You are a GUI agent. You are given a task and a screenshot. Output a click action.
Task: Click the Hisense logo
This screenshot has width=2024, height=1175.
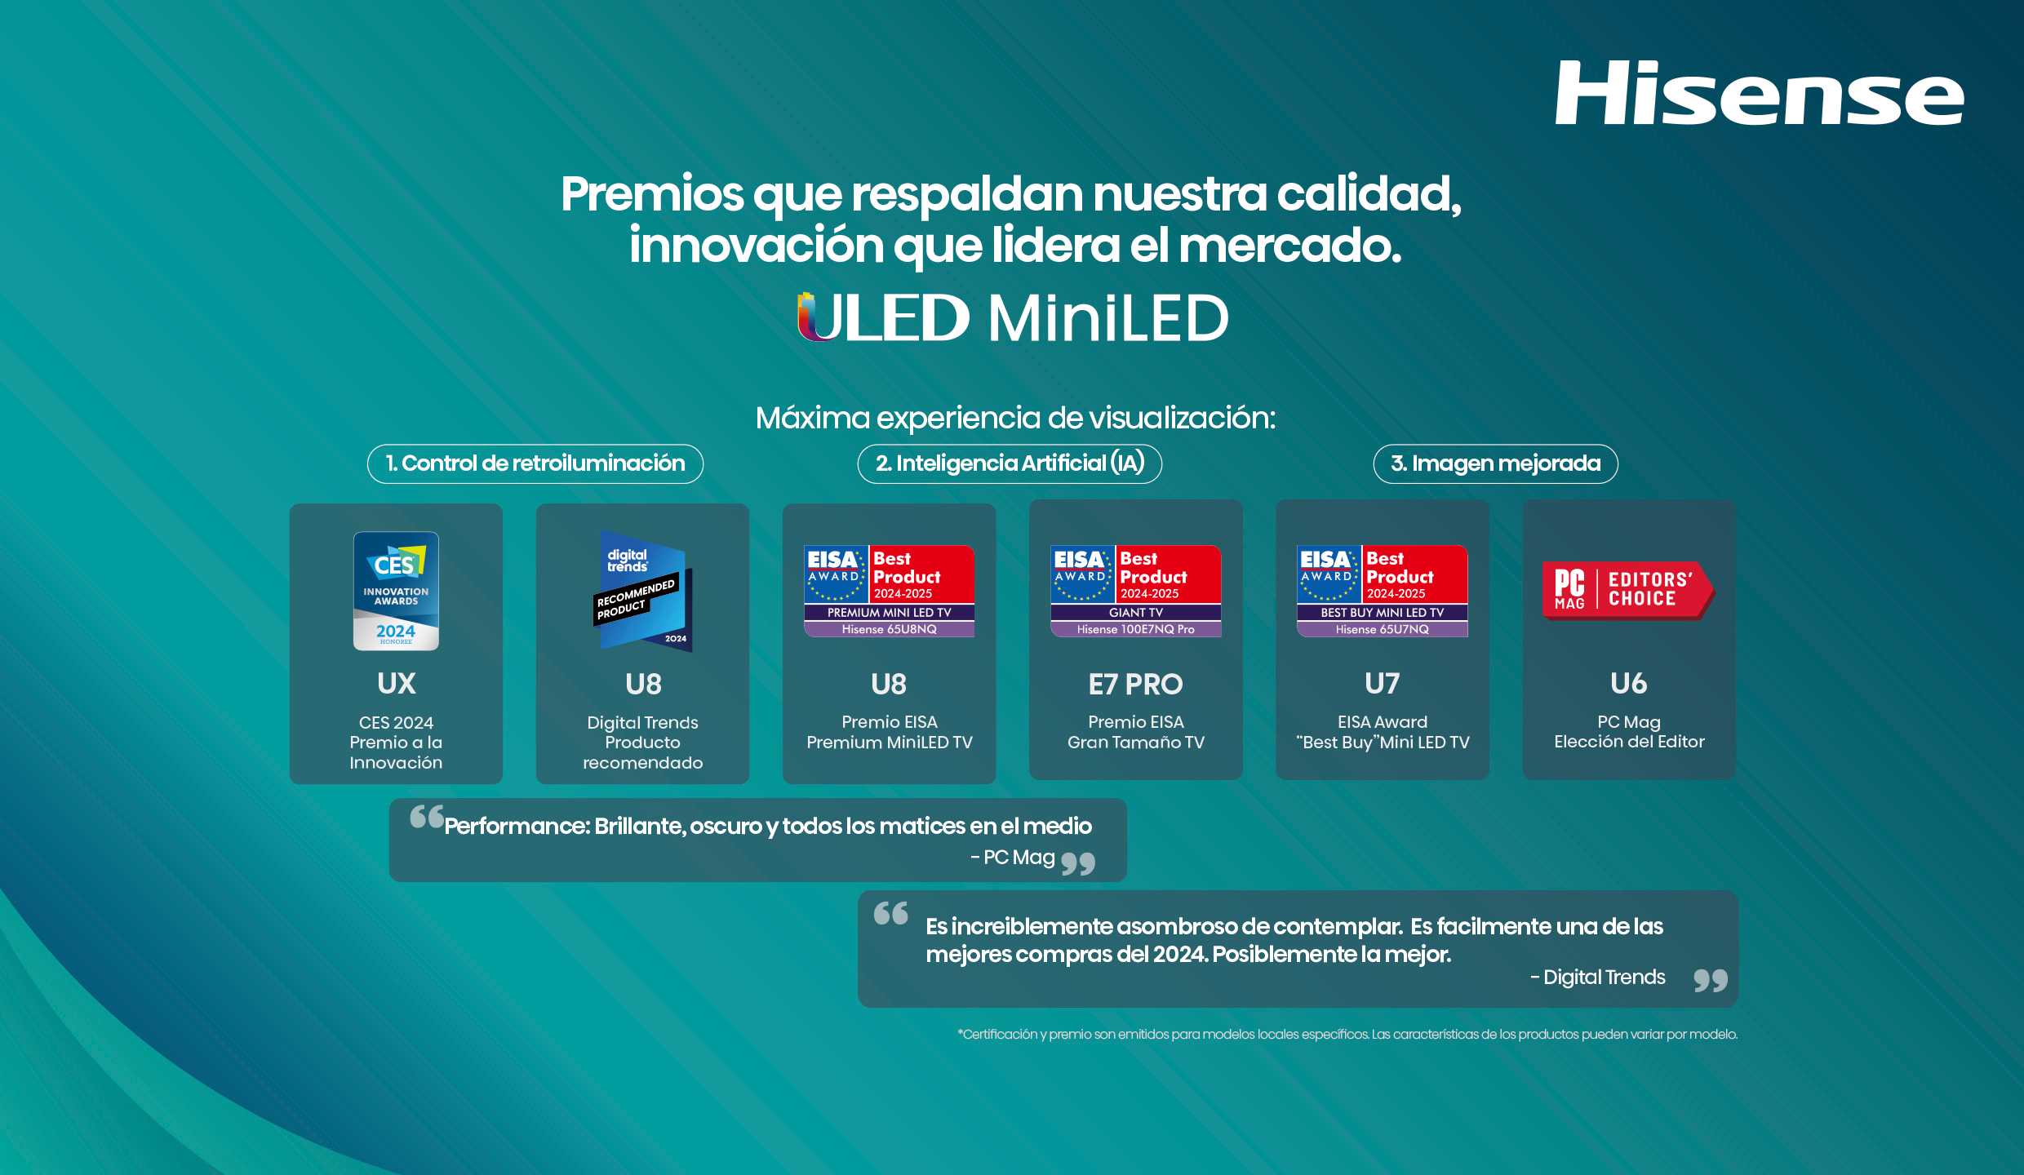click(x=1759, y=93)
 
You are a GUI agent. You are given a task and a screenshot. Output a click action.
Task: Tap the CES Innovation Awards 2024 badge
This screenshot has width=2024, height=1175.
click(x=396, y=591)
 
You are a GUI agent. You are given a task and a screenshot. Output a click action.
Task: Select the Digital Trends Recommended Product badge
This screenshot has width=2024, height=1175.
click(x=643, y=591)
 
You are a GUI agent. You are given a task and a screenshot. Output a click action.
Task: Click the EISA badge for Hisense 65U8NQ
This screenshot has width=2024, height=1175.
click(x=889, y=591)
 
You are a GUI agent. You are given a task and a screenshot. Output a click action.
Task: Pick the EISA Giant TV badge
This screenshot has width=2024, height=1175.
click(x=1135, y=591)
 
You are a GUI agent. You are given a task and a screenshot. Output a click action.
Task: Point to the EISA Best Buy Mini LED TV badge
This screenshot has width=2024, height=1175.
click(x=1382, y=591)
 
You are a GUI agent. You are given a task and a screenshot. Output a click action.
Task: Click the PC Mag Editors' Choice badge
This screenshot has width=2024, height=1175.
click(x=1628, y=590)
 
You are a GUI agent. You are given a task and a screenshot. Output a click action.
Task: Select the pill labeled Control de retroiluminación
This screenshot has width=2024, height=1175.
click(x=535, y=463)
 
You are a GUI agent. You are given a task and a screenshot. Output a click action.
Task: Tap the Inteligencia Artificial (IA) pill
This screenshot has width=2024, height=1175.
click(x=1010, y=463)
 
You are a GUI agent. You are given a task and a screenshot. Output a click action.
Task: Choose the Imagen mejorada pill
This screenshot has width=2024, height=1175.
click(x=1495, y=463)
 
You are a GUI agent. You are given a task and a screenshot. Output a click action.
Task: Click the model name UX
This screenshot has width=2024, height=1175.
click(x=397, y=684)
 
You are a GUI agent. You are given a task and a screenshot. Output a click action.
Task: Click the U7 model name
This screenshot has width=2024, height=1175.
click(x=1382, y=684)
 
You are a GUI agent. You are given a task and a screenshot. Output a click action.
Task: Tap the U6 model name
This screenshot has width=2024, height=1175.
click(x=1628, y=684)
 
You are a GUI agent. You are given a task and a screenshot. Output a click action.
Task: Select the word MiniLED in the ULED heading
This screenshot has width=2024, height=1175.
click(x=1108, y=317)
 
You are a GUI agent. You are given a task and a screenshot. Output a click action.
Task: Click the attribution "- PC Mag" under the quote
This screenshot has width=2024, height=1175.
click(x=1013, y=858)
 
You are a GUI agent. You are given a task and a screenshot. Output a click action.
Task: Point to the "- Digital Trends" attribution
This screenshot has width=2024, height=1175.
click(x=1597, y=978)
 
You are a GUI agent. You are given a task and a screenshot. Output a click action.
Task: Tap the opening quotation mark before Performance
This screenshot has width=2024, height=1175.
click(x=426, y=816)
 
